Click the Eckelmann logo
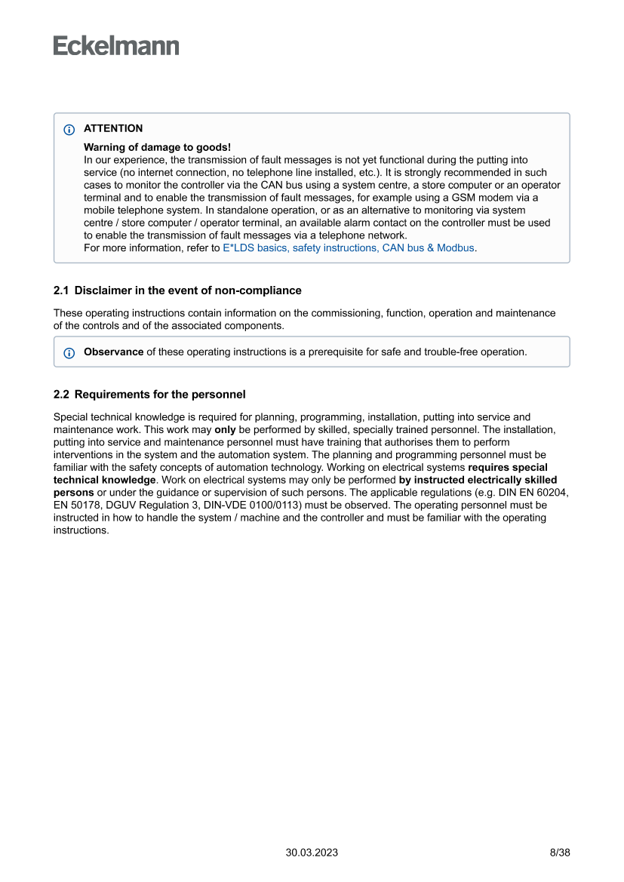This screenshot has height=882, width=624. (x=116, y=46)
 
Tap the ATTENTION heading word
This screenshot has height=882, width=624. (x=113, y=128)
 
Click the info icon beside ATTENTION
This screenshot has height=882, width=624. (x=69, y=129)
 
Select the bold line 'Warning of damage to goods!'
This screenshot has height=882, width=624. (x=157, y=147)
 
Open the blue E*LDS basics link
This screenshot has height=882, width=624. (x=349, y=247)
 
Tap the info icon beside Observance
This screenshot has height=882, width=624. (x=69, y=352)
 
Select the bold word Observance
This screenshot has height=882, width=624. (x=113, y=352)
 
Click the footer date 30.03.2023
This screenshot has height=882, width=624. (x=312, y=853)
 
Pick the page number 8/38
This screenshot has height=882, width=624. (x=560, y=853)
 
